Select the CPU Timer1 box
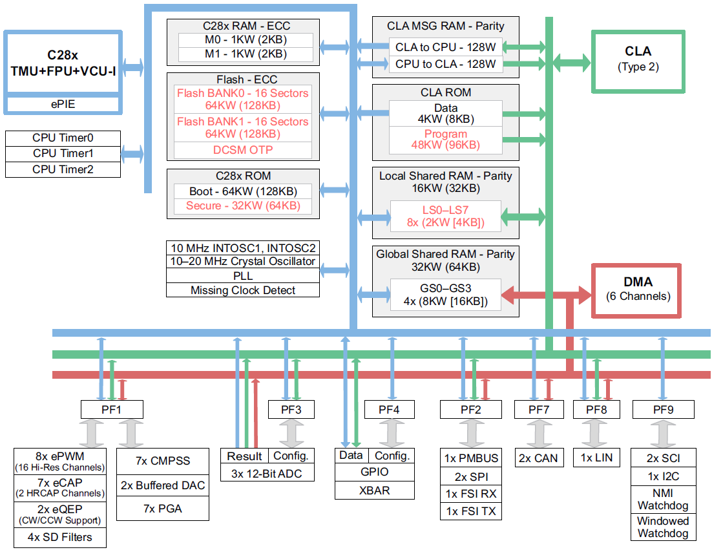(63, 154)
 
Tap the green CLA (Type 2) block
(638, 59)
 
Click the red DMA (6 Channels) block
(638, 289)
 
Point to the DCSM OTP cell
(243, 150)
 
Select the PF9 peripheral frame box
(663, 409)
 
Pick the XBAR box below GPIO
(374, 490)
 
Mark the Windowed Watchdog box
(663, 527)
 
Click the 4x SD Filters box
(59, 537)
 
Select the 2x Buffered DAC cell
(162, 485)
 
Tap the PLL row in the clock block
(243, 276)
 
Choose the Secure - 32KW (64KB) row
(243, 206)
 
